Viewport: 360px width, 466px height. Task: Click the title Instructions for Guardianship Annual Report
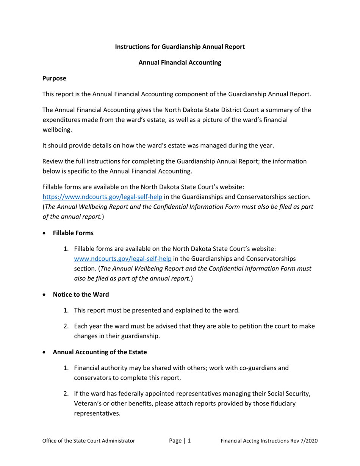pyautogui.click(x=180, y=47)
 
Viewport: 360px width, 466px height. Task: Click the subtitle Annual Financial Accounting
pyautogui.click(x=180, y=63)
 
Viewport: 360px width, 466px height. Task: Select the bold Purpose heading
pyautogui.click(x=54, y=78)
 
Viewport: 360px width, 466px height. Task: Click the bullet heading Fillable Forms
pyautogui.click(x=73, y=233)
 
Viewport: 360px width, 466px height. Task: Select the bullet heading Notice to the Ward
pyautogui.click(x=81, y=294)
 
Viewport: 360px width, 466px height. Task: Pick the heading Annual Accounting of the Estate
pyautogui.click(x=100, y=352)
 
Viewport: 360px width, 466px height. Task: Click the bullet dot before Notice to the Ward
pyautogui.click(x=45, y=295)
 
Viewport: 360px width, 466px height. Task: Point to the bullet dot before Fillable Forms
pyautogui.click(x=45, y=233)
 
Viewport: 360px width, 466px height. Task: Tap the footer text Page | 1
pyautogui.click(x=180, y=441)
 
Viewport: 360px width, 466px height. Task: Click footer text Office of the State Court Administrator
pyautogui.click(x=89, y=441)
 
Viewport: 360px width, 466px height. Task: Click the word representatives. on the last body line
pyautogui.click(x=97, y=413)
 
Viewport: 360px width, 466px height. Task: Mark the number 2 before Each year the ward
pyautogui.click(x=66, y=326)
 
